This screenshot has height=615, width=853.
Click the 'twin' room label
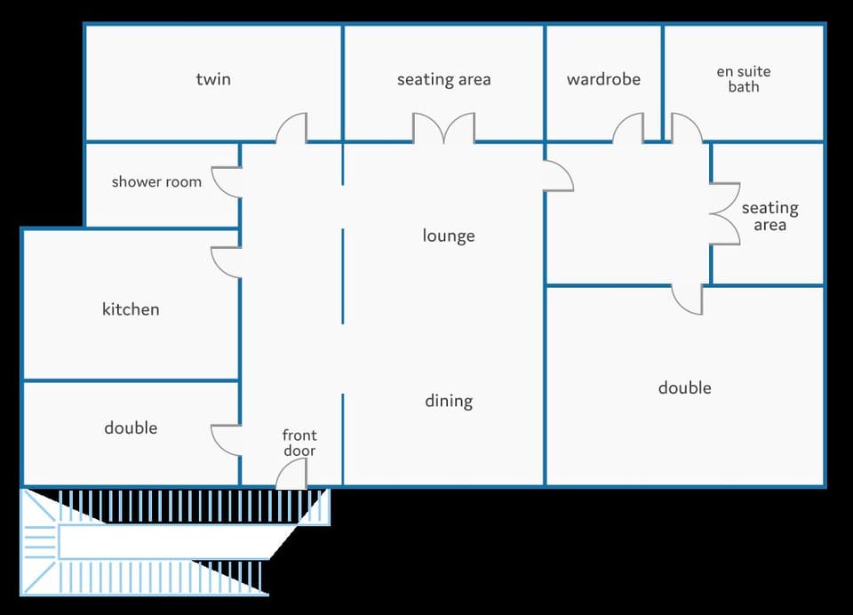(213, 79)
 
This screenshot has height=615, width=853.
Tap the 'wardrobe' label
(603, 79)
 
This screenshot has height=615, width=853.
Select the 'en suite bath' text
(743, 79)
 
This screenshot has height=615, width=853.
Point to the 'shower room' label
(156, 182)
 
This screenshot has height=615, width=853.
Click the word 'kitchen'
(131, 309)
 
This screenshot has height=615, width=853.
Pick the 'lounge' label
(449, 236)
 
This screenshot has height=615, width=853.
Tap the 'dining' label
(449, 401)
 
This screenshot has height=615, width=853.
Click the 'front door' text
(299, 443)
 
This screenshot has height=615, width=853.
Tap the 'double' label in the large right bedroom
(684, 387)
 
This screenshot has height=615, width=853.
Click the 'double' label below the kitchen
(131, 427)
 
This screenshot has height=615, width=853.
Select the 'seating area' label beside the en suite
(769, 216)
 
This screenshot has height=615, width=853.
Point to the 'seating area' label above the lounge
(444, 79)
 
